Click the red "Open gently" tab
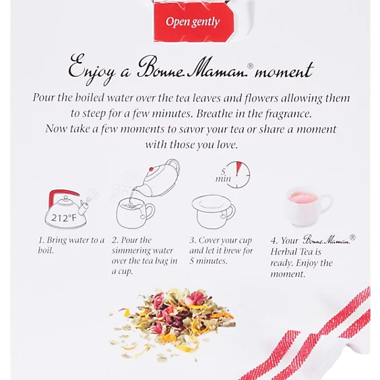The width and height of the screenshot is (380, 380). pyautogui.click(x=194, y=22)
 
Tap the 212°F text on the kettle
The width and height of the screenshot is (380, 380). pyautogui.click(x=63, y=218)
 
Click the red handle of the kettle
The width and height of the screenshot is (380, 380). pyautogui.click(x=61, y=196)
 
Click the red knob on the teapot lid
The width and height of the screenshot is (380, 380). pyautogui.click(x=151, y=169)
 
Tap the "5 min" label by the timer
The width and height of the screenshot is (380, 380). pyautogui.click(x=223, y=176)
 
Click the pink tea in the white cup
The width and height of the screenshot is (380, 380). pyautogui.click(x=303, y=198)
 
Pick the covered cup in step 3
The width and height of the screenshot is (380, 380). pyautogui.click(x=214, y=212)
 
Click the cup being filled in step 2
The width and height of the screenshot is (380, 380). pyautogui.click(x=135, y=213)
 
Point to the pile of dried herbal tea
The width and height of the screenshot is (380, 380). pyautogui.click(x=172, y=323)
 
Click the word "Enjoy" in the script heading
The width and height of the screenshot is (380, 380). pyautogui.click(x=91, y=70)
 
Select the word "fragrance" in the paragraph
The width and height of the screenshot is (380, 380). pyautogui.click(x=288, y=114)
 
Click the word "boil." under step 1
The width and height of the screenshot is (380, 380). pyautogui.click(x=46, y=251)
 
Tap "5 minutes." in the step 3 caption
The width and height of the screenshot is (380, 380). pyautogui.click(x=208, y=261)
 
